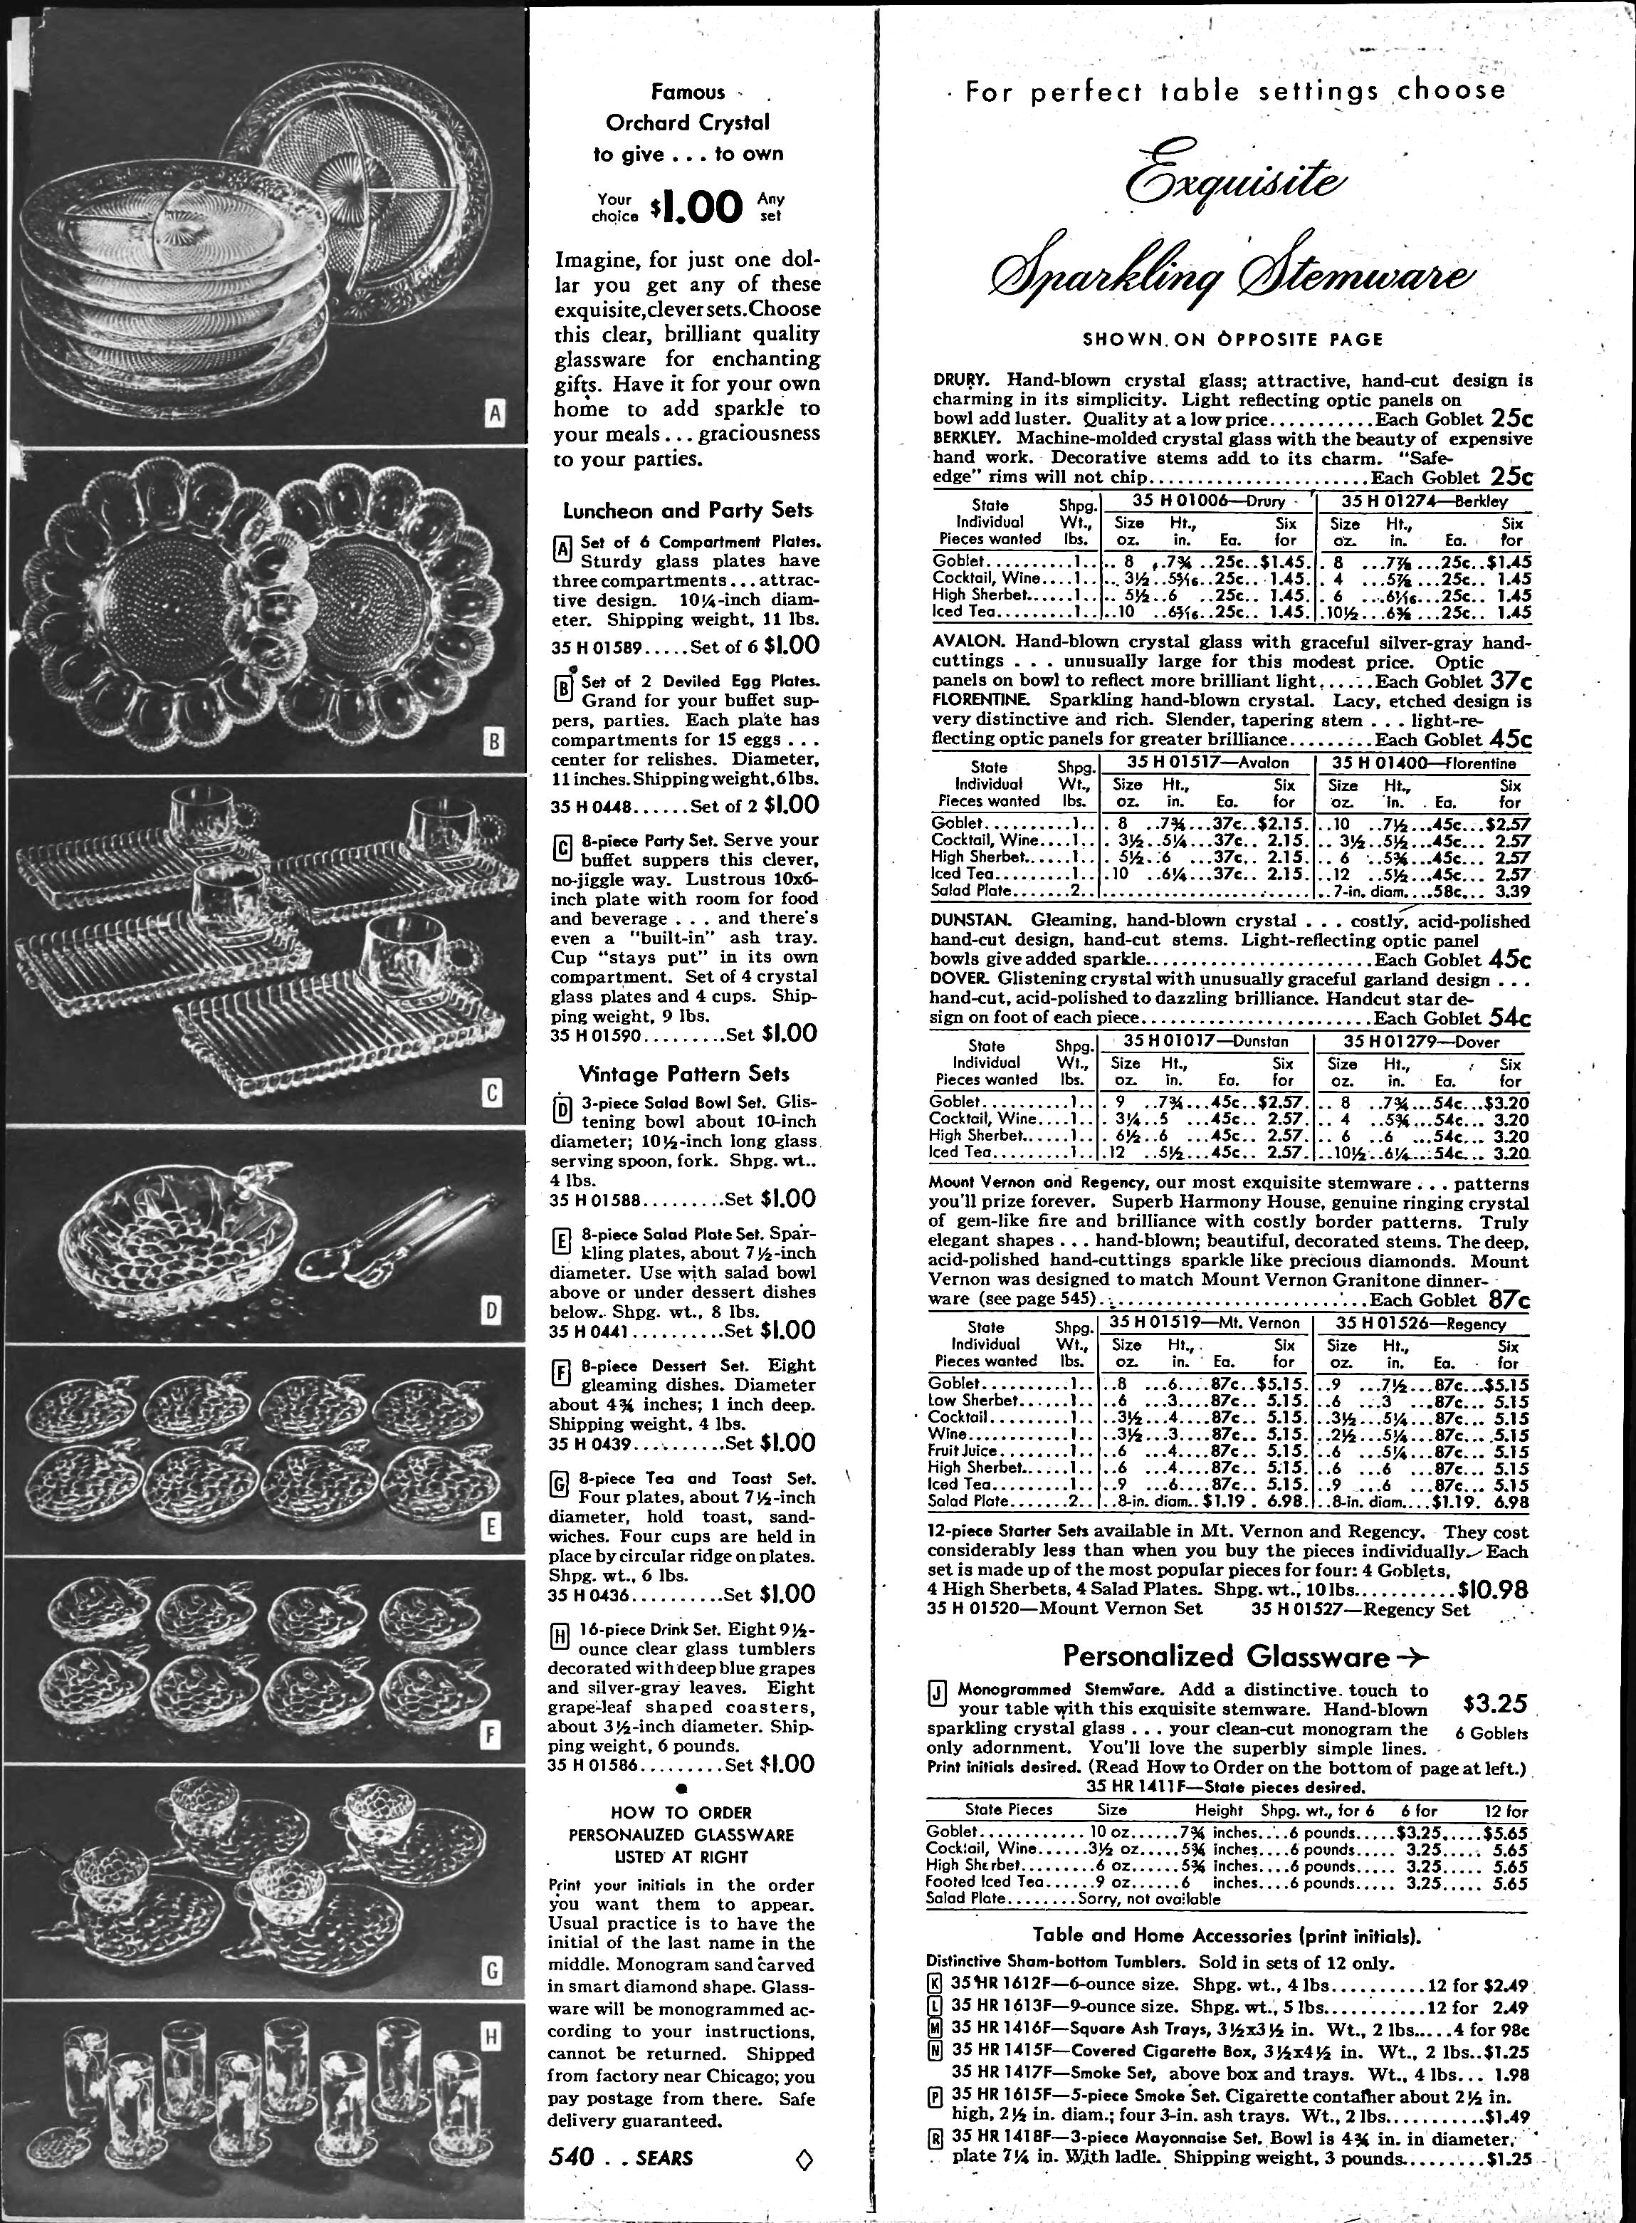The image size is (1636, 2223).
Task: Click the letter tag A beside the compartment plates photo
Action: (x=495, y=413)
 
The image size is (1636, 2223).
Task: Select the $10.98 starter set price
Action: (x=1494, y=1589)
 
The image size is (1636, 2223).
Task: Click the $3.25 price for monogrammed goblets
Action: (x=1494, y=1703)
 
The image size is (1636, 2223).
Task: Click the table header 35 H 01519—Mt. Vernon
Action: (x=1205, y=1323)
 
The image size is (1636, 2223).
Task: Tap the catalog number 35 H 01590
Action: (x=597, y=1035)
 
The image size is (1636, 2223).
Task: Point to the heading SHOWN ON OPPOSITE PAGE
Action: (x=1232, y=340)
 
